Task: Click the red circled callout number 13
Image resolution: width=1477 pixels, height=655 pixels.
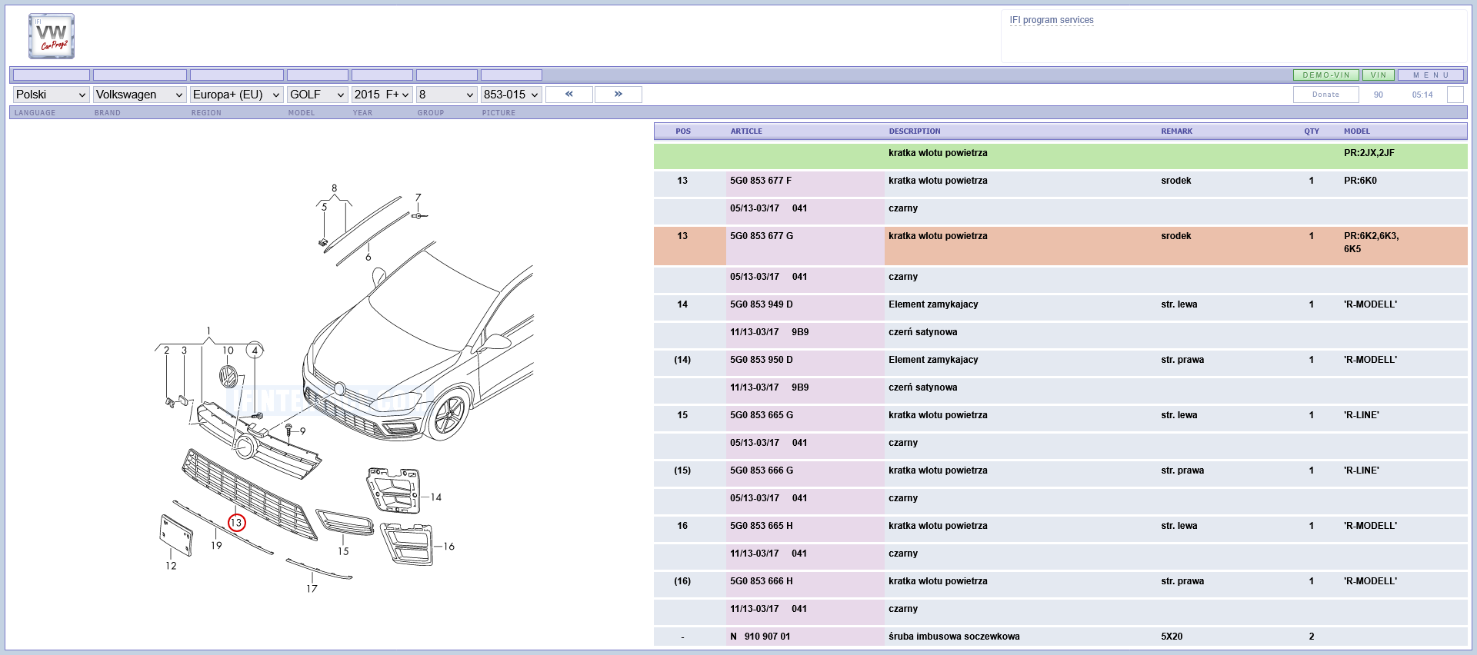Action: click(236, 523)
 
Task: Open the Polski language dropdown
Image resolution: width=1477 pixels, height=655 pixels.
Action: click(51, 95)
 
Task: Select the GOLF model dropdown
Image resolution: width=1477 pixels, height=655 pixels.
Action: click(317, 95)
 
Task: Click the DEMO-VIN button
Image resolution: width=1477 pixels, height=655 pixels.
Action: click(1325, 75)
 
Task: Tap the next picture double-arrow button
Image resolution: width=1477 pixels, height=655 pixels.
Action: click(618, 94)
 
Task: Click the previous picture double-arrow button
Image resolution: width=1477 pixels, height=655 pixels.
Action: click(569, 94)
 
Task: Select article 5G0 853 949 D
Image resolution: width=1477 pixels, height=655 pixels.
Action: click(762, 304)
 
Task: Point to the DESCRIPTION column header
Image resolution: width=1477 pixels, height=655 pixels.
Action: click(915, 131)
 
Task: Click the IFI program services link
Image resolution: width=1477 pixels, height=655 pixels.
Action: click(1052, 20)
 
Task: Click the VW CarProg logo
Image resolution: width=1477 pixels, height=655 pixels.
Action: click(52, 36)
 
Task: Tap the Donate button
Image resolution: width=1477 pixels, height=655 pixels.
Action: click(1325, 95)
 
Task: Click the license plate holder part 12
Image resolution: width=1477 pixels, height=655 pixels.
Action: click(175, 535)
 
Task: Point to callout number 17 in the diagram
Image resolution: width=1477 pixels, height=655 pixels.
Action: click(312, 589)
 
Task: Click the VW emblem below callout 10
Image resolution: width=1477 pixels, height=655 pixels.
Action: click(228, 377)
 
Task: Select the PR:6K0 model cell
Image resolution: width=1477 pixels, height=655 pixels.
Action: click(1360, 181)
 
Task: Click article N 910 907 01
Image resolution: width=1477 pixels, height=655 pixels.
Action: click(760, 637)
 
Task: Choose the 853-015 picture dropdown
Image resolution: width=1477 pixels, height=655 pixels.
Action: click(512, 95)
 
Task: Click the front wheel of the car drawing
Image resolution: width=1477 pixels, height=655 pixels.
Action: click(448, 415)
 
